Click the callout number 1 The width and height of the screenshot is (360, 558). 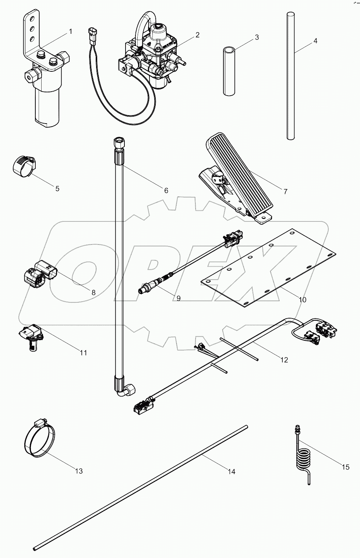pos(70,32)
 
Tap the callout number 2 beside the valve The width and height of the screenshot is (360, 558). pos(197,35)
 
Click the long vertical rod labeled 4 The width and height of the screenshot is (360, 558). pos(291,77)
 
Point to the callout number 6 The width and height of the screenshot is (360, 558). pos(166,190)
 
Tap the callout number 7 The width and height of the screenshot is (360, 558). pos(285,191)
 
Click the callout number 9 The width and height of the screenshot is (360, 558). pos(178,298)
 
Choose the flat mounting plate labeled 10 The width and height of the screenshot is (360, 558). pos(269,269)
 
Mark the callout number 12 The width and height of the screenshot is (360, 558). pos(284,359)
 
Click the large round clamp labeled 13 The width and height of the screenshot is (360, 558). pos(39,440)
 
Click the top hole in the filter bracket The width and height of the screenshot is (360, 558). pos(32,18)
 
